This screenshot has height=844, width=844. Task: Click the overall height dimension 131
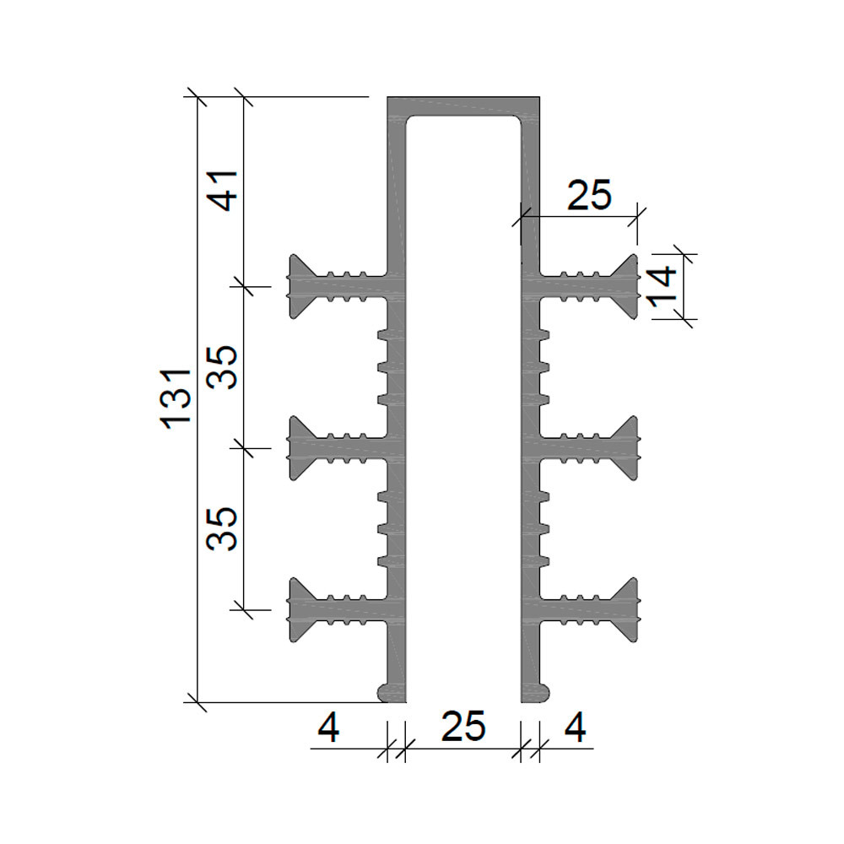pyautogui.click(x=176, y=399)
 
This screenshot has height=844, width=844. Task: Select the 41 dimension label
pyautogui.click(x=224, y=191)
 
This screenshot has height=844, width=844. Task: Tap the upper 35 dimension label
pyautogui.click(x=222, y=368)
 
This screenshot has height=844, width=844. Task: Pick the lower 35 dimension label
pyautogui.click(x=222, y=528)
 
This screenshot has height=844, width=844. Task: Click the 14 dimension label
pyautogui.click(x=663, y=286)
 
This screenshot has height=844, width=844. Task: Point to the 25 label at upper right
pyautogui.click(x=589, y=195)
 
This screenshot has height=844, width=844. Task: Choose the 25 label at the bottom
pyautogui.click(x=463, y=726)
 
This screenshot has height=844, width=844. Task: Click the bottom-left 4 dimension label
pyautogui.click(x=328, y=728)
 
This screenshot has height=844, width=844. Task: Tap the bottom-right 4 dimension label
pyautogui.click(x=576, y=728)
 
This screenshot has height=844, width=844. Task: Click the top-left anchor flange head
pyautogui.click(x=300, y=286)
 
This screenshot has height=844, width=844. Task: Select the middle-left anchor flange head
pyautogui.click(x=300, y=448)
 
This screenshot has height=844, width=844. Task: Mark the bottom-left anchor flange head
pyautogui.click(x=300, y=610)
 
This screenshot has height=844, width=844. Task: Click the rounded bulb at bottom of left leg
pyautogui.click(x=388, y=692)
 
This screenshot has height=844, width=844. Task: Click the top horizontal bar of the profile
pyautogui.click(x=463, y=105)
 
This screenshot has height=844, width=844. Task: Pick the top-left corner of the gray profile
pyautogui.click(x=387, y=97)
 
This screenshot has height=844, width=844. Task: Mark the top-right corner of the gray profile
pyautogui.click(x=540, y=97)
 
